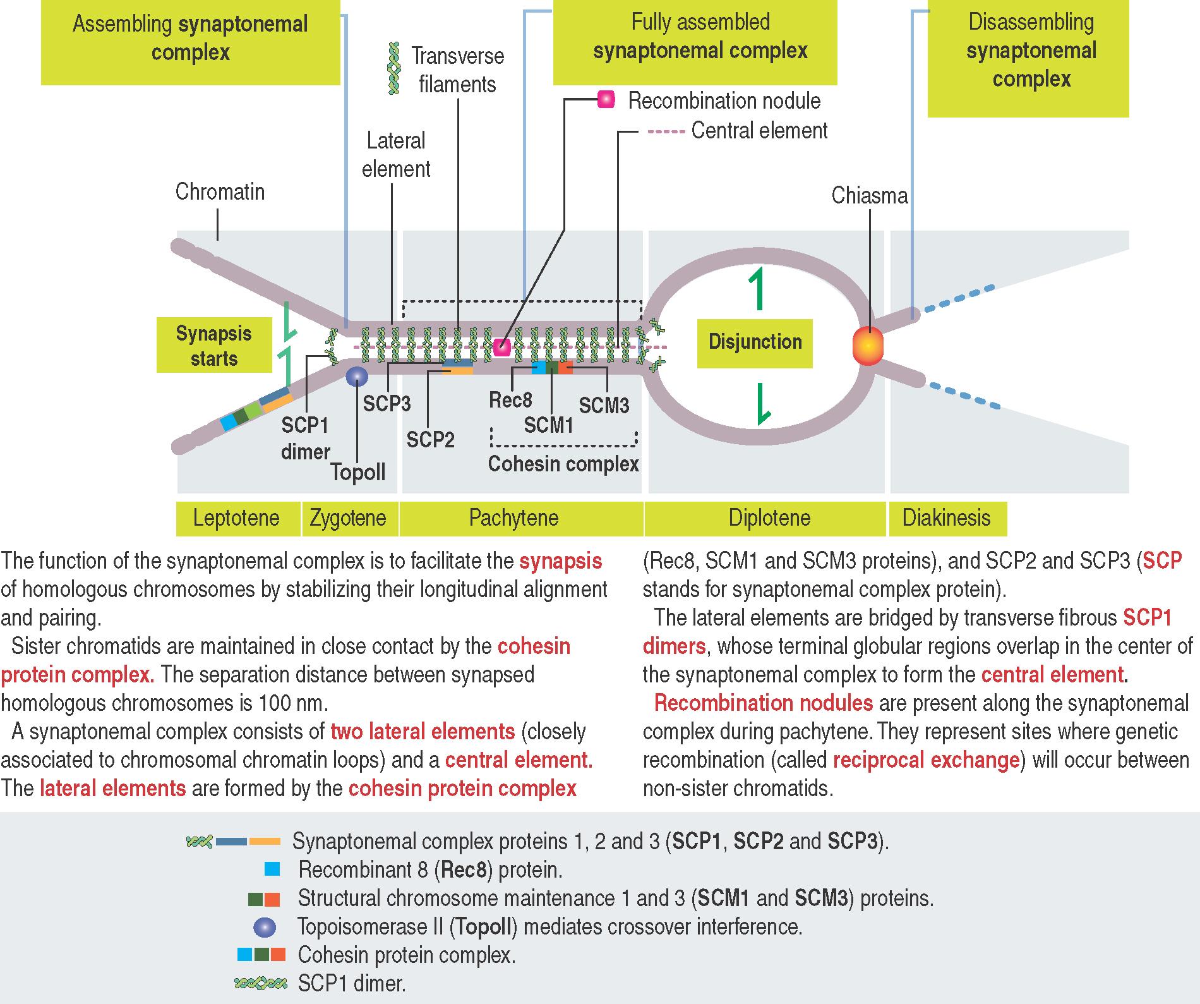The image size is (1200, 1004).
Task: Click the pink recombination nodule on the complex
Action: pos(502,347)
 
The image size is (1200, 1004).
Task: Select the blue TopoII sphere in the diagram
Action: pos(357,377)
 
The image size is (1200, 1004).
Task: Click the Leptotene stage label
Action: pos(236,518)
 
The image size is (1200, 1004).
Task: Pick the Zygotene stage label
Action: pos(348,518)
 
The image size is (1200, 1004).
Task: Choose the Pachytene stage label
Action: pos(513,518)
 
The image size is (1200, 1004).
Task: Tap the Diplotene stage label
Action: pos(769,518)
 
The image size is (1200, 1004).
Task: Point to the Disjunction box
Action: pos(755,342)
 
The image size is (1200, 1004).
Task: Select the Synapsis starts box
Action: pos(213,346)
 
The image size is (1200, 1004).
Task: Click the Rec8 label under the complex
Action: pos(510,400)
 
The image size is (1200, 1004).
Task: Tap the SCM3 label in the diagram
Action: pos(604,405)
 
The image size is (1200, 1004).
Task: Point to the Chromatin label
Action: pos(220,192)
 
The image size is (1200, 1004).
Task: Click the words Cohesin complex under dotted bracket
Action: pos(563,464)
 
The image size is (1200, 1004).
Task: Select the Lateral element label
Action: pos(396,155)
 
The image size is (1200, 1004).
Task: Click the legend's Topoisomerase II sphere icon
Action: pos(264,927)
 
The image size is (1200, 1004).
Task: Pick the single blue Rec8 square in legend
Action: pos(272,869)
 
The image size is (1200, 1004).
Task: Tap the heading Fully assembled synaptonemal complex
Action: pos(700,37)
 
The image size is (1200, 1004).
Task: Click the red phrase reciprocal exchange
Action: pos(927,760)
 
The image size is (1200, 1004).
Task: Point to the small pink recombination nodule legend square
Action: pos(606,100)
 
